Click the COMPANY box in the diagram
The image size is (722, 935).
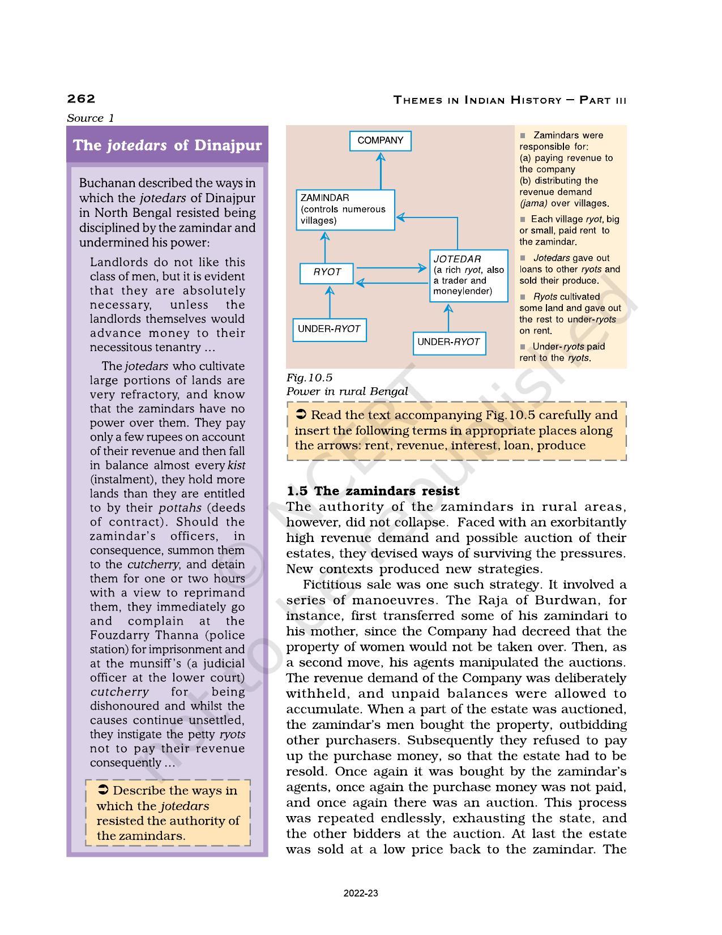[x=380, y=140]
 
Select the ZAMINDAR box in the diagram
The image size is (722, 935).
[x=345, y=210]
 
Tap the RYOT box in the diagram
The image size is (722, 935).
[x=327, y=272]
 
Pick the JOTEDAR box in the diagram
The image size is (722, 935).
[x=468, y=275]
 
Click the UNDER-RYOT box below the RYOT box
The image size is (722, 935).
[x=329, y=329]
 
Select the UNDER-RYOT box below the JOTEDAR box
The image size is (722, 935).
[x=448, y=342]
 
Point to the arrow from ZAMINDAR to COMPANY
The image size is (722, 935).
[x=381, y=170]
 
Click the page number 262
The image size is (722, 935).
[x=81, y=99]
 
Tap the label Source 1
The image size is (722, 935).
[x=90, y=118]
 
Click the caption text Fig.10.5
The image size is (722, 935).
[x=309, y=378]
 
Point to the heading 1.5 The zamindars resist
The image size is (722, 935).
[x=373, y=490]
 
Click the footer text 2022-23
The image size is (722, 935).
[x=361, y=894]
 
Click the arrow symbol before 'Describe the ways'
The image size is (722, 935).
[x=103, y=790]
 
